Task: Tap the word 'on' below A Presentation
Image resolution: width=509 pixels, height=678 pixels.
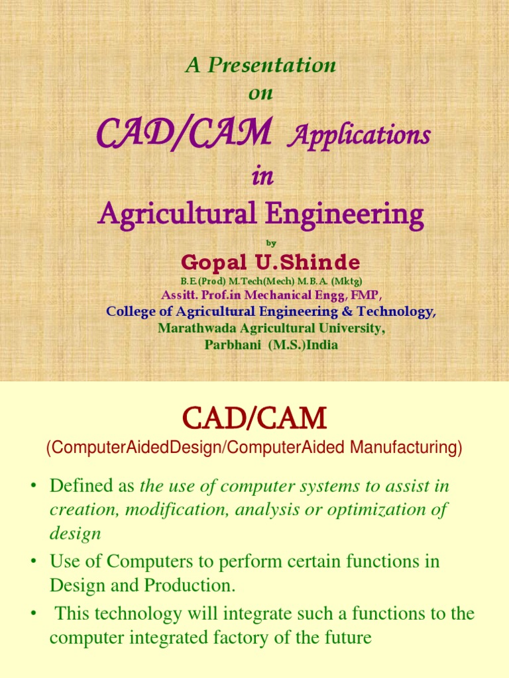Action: click(260, 93)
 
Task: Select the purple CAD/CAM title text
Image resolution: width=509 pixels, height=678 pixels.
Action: click(184, 135)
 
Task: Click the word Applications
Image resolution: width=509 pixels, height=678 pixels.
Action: click(361, 136)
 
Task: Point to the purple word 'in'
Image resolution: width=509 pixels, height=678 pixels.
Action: click(262, 177)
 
